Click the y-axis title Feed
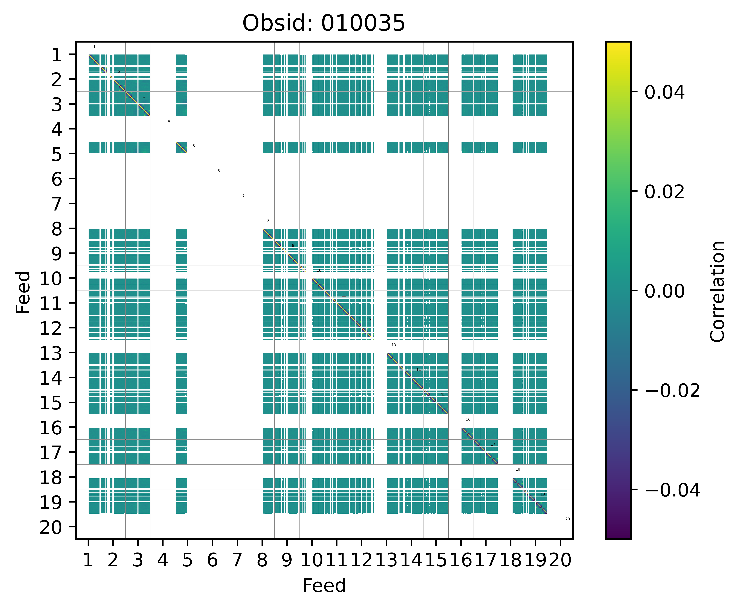(x=23, y=292)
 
